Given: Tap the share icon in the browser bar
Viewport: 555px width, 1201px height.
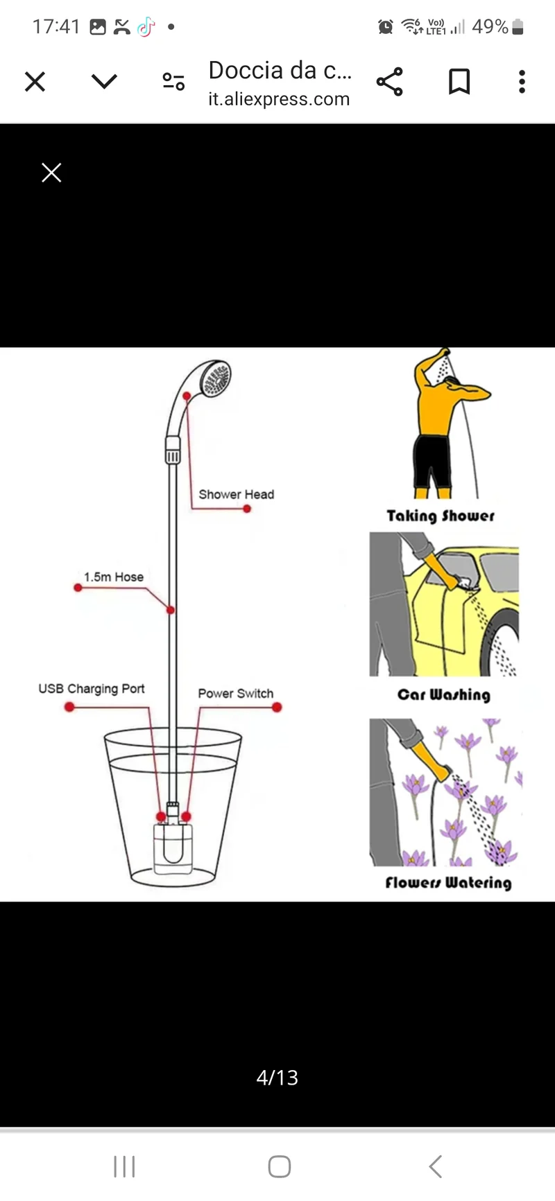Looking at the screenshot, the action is [390, 82].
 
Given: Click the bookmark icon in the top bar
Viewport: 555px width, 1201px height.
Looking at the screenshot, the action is [459, 82].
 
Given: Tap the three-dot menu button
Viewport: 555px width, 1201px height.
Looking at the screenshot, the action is [522, 82].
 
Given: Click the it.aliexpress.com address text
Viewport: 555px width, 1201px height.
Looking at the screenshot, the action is [279, 99].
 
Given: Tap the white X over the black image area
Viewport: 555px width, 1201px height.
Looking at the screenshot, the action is [51, 173].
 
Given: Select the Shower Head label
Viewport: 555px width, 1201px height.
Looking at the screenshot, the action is [237, 494].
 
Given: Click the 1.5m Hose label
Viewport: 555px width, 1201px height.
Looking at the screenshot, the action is [114, 577].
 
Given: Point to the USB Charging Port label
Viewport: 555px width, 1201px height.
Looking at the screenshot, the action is [92, 689].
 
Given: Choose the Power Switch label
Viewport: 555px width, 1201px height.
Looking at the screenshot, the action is [236, 694].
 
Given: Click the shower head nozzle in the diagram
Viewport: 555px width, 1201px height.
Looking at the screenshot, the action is [214, 378].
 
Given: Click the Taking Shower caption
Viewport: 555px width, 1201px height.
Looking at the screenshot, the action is [441, 516].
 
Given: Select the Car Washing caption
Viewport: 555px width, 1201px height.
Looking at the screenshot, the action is [444, 694].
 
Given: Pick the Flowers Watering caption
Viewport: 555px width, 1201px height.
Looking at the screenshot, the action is [448, 882].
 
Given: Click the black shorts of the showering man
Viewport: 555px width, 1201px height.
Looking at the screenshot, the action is [432, 462].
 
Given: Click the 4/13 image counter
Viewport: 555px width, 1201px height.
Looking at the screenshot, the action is [277, 1078].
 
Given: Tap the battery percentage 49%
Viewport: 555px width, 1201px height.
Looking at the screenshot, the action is [490, 26].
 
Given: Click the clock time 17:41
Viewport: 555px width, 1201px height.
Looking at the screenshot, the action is [56, 26].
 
